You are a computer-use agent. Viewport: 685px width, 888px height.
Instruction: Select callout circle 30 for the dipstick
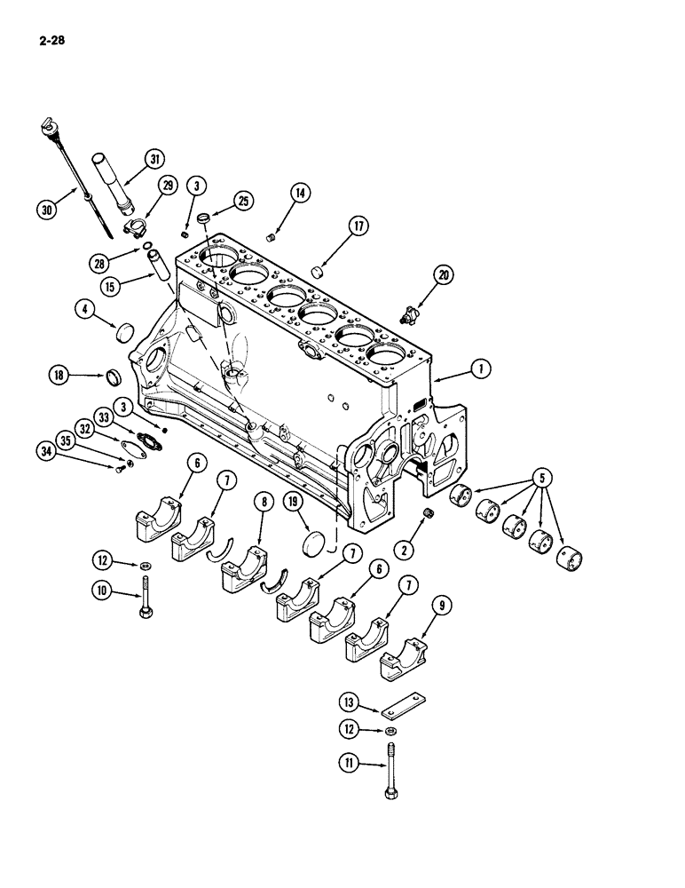pyautogui.click(x=46, y=210)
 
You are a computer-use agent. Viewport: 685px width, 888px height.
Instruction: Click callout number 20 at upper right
pyautogui.click(x=444, y=275)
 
